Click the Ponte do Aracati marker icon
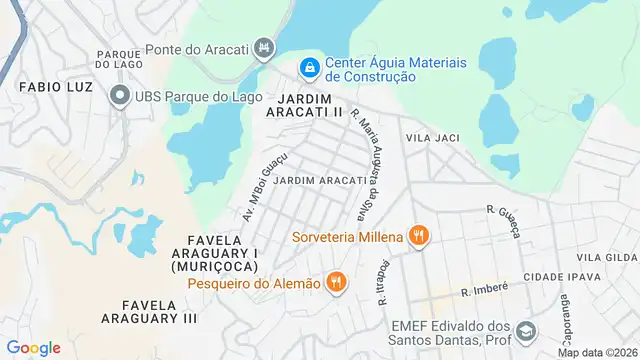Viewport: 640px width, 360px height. pyautogui.click(x=264, y=47)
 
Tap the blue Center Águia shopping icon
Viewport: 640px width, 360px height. pyautogui.click(x=310, y=68)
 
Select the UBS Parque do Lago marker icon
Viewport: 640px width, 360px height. pyautogui.click(x=120, y=96)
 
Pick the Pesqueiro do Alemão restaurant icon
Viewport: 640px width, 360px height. pyautogui.click(x=337, y=283)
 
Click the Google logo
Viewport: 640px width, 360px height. pyautogui.click(x=33, y=348)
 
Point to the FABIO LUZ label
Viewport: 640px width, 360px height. pyautogui.click(x=56, y=87)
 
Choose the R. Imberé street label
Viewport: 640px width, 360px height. pyautogui.click(x=484, y=288)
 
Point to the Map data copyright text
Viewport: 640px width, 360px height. pyautogui.click(x=597, y=352)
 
